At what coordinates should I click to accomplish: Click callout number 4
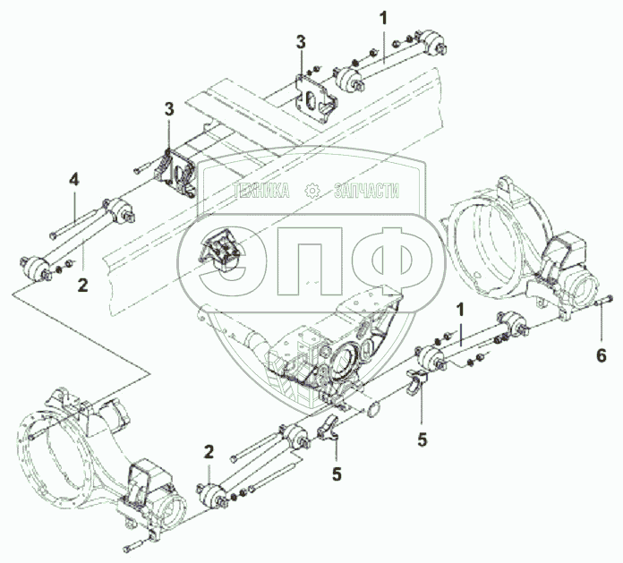tap(74, 179)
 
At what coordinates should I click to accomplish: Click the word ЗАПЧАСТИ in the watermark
tap(366, 191)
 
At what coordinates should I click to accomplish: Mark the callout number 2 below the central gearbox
tap(208, 451)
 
